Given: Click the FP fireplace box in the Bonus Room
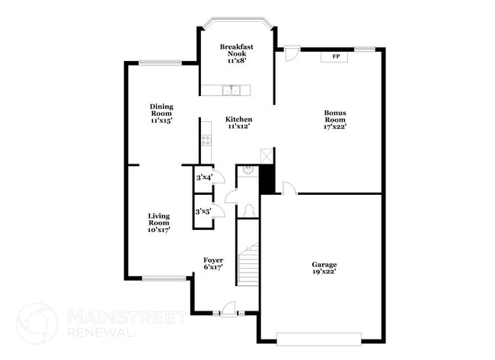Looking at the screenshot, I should click(x=335, y=56).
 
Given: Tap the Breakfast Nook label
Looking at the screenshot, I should click(x=236, y=53).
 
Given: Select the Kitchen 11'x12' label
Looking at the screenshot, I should click(x=238, y=123).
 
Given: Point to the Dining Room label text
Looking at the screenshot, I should click(x=161, y=113).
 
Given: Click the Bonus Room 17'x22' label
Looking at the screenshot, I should click(x=335, y=119).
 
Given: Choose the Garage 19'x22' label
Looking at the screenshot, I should click(x=324, y=268).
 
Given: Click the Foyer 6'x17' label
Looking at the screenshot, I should click(x=213, y=263).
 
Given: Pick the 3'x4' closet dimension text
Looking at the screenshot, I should click(x=203, y=178).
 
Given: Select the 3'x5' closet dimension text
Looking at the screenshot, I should click(x=203, y=212).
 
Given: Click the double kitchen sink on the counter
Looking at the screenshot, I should click(x=231, y=91).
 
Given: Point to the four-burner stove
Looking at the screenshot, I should click(x=206, y=140).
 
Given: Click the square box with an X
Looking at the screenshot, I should click(x=266, y=154).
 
